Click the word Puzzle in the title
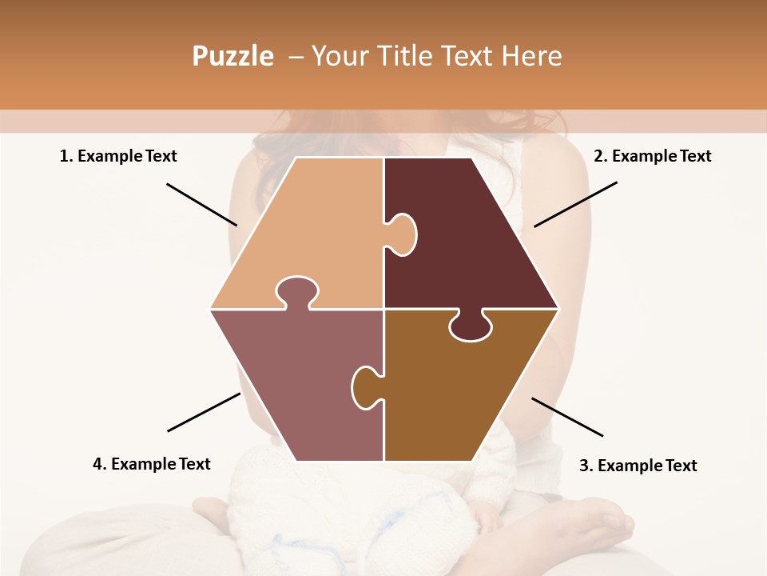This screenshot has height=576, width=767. [232, 56]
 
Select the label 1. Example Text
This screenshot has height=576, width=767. [118, 156]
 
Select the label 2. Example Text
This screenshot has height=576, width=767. [652, 156]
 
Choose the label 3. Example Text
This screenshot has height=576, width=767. [638, 466]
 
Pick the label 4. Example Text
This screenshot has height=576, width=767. [152, 464]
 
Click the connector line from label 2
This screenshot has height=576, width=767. [575, 204]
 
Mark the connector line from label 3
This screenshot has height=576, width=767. [567, 417]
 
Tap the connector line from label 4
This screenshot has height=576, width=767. [204, 412]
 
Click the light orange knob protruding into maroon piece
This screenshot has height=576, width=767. [402, 234]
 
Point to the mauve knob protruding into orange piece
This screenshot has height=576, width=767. [296, 291]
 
